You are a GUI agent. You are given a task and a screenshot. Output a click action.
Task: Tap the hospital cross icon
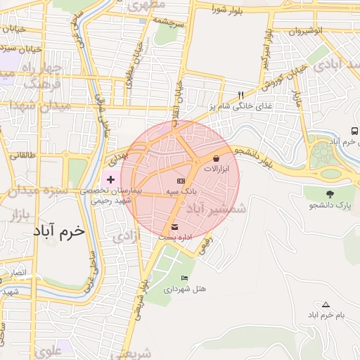click(110, 180)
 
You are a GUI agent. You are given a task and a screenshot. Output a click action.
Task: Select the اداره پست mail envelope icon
click(174, 227)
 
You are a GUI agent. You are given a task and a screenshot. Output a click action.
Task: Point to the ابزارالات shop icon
click(215, 160)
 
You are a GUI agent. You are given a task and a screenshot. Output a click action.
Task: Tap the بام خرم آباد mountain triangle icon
click(326, 304)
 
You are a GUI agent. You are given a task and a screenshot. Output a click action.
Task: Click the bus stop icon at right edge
click(354, 131)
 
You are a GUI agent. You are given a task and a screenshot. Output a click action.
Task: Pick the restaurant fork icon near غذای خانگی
click(240, 95)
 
